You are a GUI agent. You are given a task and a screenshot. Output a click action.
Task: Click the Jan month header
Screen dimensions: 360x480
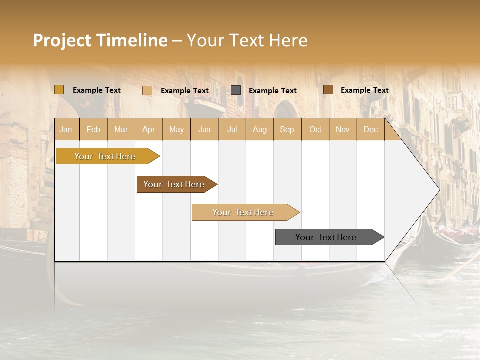(x=66, y=129)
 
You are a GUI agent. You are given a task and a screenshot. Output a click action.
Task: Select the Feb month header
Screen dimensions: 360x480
(x=93, y=129)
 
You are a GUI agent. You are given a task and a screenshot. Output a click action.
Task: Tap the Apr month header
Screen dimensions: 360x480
(x=148, y=129)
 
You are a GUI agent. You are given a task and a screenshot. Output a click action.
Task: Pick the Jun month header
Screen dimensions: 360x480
(x=204, y=129)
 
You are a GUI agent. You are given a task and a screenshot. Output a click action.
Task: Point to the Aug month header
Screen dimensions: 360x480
(x=259, y=129)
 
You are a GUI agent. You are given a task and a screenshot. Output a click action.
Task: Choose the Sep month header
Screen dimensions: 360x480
(x=287, y=129)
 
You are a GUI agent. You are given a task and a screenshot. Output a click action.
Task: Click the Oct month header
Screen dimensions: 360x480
(x=315, y=129)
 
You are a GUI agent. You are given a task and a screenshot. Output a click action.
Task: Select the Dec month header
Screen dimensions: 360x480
(x=370, y=129)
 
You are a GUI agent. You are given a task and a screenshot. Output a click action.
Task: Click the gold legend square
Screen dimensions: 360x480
(x=59, y=90)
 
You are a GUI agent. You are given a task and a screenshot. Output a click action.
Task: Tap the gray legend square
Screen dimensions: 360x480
(x=236, y=90)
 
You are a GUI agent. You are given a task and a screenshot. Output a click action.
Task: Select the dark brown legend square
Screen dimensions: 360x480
(x=328, y=90)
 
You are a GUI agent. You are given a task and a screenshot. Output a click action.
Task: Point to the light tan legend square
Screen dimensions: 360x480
(x=147, y=90)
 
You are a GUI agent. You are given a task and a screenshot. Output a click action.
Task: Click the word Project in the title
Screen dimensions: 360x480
(x=62, y=40)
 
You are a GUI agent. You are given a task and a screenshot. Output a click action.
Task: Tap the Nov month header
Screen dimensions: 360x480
(x=343, y=129)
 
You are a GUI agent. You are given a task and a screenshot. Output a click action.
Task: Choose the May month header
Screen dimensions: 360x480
(x=176, y=129)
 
